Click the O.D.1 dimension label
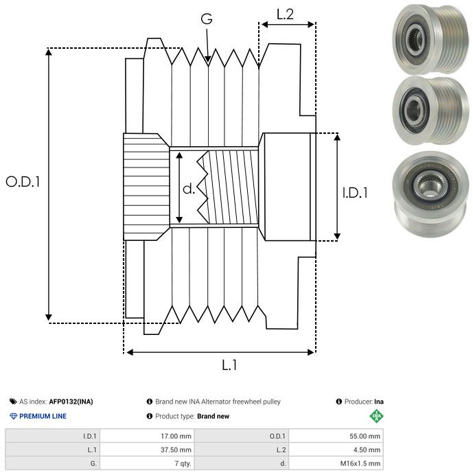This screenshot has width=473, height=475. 23,182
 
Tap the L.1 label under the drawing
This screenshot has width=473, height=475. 229,366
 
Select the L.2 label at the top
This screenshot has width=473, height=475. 285,14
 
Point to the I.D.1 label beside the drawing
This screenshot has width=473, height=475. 356,194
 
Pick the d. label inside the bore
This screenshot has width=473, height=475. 189,188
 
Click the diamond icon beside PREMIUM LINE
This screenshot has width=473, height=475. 13,416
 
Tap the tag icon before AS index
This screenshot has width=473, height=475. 13,402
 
